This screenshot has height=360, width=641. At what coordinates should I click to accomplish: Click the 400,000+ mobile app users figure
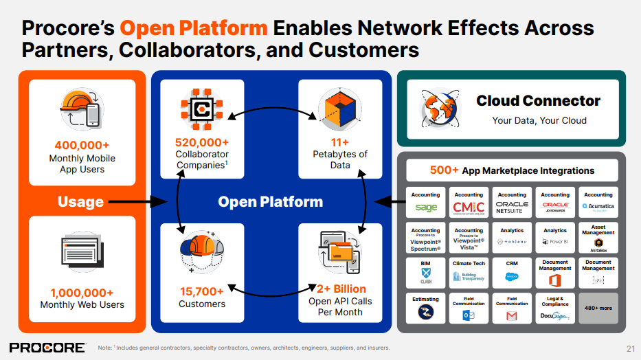coord(82,145)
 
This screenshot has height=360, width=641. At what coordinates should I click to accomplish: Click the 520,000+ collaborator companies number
coord(201,142)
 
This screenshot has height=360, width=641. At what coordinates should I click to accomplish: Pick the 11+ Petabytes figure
coord(339,142)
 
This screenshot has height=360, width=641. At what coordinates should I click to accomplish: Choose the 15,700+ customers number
coord(201,291)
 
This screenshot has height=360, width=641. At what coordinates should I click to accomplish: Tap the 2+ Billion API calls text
coord(340,289)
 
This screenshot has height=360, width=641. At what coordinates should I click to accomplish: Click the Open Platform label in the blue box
coord(270,202)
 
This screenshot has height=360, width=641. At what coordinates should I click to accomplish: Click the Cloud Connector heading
coord(539,101)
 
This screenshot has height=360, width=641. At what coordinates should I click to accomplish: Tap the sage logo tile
coord(426,203)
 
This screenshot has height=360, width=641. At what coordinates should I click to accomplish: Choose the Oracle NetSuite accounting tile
coord(512,203)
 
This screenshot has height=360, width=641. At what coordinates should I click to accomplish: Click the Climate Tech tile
coord(469,272)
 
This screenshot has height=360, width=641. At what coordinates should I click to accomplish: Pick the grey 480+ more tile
coord(598,308)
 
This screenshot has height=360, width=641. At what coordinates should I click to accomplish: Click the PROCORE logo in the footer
coord(47,347)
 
